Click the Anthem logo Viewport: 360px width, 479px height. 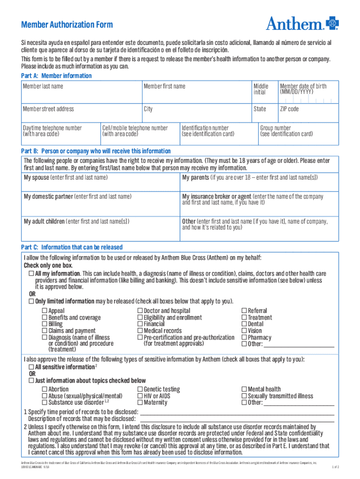pyautogui.click(x=302, y=23)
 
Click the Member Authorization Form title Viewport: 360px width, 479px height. pyautogui.click(x=67, y=25)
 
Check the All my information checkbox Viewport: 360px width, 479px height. pyautogui.click(x=31, y=273)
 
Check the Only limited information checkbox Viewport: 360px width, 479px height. pyautogui.click(x=31, y=301)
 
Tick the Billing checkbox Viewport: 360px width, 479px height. pyautogui.click(x=44, y=324)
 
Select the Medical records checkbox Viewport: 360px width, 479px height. pyautogui.click(x=140, y=331)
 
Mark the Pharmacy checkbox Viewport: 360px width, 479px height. pyautogui.click(x=244, y=337)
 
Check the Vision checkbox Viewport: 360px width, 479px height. pyautogui.click(x=244, y=331)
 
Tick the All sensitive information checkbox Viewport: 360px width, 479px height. pyautogui.click(x=31, y=367)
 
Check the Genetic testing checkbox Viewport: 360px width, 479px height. pyautogui.click(x=140, y=389)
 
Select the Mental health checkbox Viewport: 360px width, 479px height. pyautogui.click(x=244, y=389)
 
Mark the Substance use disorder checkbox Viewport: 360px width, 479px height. pyautogui.click(x=44, y=402)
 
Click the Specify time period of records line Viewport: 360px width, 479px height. pyautogui.click(x=237, y=412)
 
